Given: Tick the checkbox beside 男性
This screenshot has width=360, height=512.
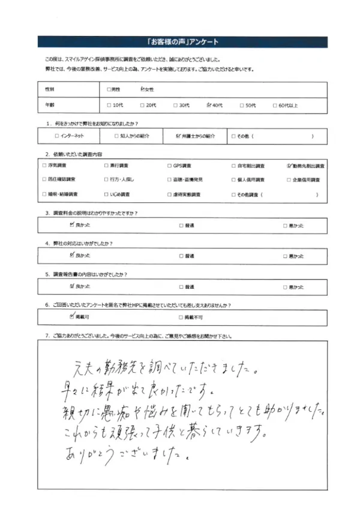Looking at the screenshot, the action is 109,89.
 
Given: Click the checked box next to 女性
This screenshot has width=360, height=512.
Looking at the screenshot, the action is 142,89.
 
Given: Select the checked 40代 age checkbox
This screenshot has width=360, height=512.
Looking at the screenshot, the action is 208,105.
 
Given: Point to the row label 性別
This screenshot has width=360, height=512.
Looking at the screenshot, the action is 49,89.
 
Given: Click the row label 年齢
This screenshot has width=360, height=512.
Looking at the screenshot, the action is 49,105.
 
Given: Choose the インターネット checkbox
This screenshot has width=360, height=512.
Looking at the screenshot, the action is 56,136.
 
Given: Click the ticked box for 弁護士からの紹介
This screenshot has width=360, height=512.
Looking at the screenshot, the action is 179,136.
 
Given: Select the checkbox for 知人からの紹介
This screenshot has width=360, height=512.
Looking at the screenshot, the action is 116,136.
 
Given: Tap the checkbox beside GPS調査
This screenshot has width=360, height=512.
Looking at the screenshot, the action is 169,165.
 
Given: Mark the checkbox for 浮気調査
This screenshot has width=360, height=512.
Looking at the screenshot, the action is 44,165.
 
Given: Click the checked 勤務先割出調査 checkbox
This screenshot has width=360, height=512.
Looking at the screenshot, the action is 289,165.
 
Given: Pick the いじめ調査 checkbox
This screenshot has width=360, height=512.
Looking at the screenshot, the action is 106,194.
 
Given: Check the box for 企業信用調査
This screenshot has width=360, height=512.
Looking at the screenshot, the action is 289,180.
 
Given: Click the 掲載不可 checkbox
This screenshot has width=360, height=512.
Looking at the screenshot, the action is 181,316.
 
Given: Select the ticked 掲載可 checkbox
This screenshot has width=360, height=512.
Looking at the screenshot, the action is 72,316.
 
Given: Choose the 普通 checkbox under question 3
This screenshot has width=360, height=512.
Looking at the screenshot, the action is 181,226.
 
